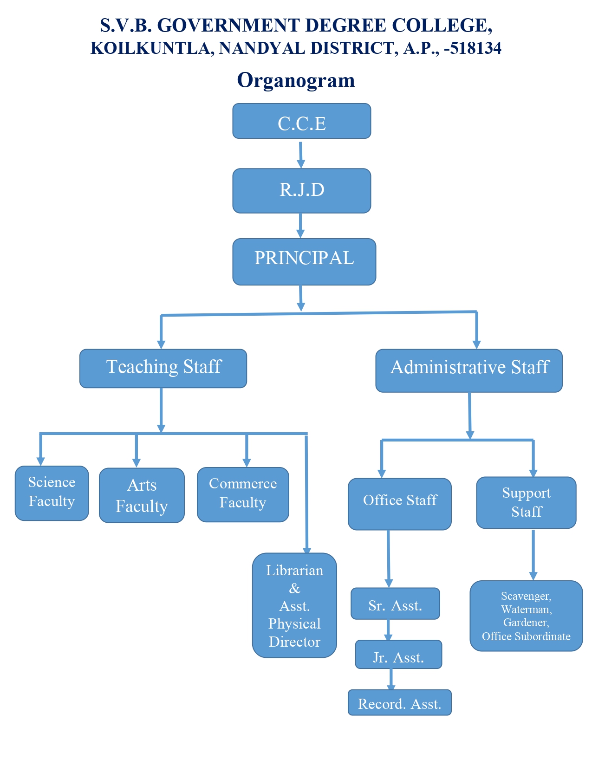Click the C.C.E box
pos(301,121)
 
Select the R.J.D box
pos(301,190)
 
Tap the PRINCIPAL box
pos(304,261)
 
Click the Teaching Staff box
pos(163,368)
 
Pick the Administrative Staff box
pos(469,370)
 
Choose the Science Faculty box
pos(52,493)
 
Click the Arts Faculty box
pos(142,495)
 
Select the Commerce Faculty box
pos(243,494)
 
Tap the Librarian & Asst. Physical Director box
pos(294,605)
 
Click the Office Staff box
pos(399,504)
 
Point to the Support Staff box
pos(526,502)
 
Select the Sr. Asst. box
pos(395,604)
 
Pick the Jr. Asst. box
pos(398,655)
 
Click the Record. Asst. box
pos(399,702)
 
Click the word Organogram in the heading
pos(296,80)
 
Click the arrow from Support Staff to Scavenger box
pos(533,555)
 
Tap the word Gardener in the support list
pos(526,623)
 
